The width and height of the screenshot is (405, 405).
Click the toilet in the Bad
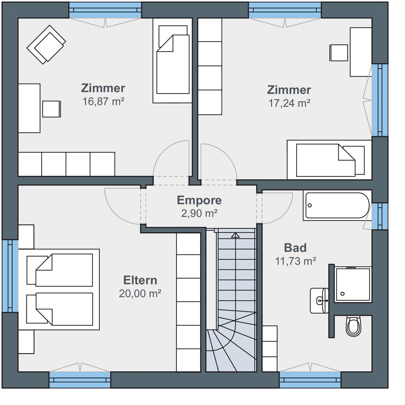click(353, 326)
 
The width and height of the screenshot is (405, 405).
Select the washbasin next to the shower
click(319, 301)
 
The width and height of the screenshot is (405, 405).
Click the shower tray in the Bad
click(353, 284)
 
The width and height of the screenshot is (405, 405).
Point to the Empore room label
click(199, 200)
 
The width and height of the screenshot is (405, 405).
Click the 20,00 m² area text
click(140, 294)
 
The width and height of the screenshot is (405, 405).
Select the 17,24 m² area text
click(289, 103)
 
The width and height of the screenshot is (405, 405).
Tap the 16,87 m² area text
click(103, 101)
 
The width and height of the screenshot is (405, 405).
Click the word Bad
click(295, 248)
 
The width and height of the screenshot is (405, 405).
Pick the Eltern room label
click(140, 280)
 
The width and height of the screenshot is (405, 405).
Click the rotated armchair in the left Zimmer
click(46, 45)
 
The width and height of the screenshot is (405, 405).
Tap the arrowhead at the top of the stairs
click(235, 235)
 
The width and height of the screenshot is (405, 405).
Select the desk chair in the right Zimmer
click(339, 53)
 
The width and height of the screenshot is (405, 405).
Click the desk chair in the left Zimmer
click(51, 109)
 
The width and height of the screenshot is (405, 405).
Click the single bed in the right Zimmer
click(329, 160)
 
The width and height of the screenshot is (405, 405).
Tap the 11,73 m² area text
click(296, 261)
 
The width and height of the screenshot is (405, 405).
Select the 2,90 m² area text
click(199, 213)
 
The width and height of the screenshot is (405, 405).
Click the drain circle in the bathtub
click(310, 205)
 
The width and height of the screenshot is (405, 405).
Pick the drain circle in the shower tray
click(342, 294)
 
